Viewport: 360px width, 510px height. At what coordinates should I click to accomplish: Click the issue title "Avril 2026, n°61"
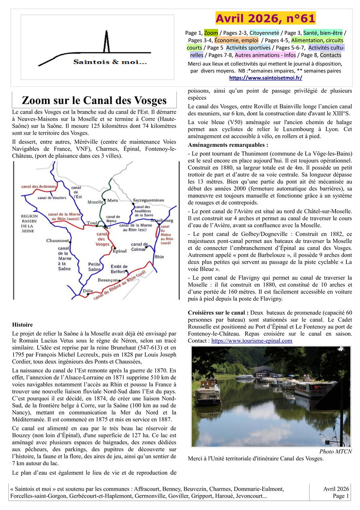pos(265,18)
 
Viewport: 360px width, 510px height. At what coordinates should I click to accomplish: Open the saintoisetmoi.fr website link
pos(266,78)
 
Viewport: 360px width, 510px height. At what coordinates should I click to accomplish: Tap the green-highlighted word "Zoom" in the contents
pos(211,33)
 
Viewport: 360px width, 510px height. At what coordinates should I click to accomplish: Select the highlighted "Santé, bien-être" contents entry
pos(323,33)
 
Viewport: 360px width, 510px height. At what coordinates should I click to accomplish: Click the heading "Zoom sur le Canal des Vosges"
pos(94,100)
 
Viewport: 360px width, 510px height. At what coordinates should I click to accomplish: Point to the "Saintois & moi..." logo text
pos(110,62)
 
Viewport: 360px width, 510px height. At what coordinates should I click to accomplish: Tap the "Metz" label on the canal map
pos(113,200)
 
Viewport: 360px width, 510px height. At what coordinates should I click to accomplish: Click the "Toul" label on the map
pos(92,223)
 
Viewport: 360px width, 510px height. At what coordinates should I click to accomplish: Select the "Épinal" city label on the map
pos(120,251)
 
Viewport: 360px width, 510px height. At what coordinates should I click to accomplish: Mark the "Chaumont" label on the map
pos(58,241)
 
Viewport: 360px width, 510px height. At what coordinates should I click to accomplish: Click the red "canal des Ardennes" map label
pos(39,187)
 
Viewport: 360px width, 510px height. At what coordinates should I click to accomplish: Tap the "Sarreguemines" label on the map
pos(148,200)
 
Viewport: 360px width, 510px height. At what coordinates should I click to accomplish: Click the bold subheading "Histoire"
pos(22,325)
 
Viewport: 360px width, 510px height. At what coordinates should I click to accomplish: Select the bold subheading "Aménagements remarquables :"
pos(228,145)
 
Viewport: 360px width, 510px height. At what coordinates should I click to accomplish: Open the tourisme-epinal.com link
pos(252,341)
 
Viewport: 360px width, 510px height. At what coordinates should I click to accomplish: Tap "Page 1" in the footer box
pos(341,496)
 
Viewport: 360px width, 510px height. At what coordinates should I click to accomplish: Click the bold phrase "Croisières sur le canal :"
pos(218,312)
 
